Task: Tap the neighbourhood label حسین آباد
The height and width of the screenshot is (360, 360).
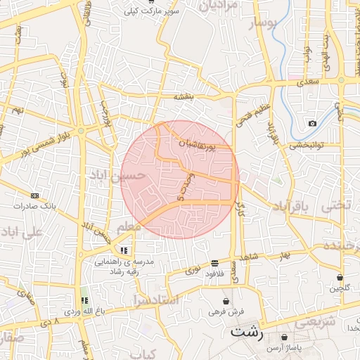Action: (x=117, y=174)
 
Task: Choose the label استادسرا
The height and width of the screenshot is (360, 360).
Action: (x=155, y=300)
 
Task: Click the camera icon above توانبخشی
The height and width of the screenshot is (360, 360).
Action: (x=312, y=124)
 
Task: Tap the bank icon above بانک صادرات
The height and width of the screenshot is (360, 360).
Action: (x=34, y=195)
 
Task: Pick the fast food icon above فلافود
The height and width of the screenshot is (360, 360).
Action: (x=214, y=263)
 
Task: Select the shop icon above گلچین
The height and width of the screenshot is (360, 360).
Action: (x=340, y=277)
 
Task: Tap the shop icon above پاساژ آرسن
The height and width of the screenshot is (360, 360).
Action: (x=284, y=337)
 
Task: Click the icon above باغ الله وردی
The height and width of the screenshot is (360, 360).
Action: (x=84, y=300)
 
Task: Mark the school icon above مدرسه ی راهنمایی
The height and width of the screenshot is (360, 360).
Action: (x=124, y=250)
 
